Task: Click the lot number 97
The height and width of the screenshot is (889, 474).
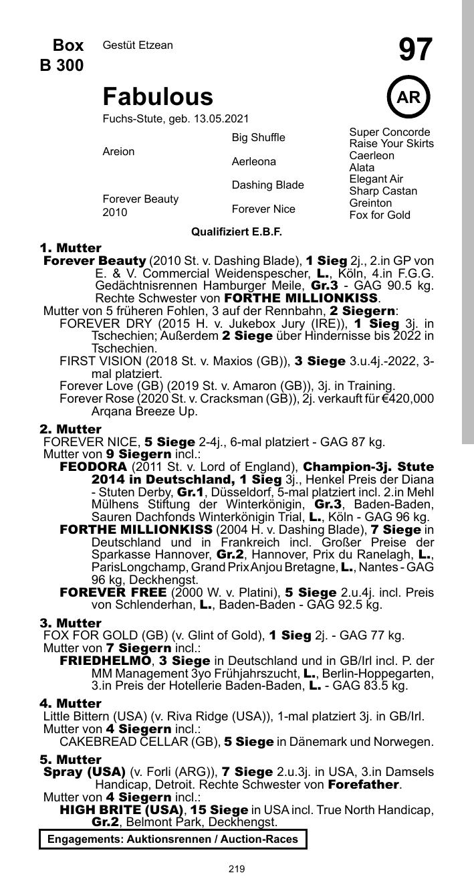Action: [415, 50]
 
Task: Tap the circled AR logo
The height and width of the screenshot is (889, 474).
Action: [408, 98]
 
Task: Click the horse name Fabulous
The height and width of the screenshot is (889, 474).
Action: [158, 97]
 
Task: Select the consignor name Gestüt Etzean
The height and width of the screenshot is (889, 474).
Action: [138, 45]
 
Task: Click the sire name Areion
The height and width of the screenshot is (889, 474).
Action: [118, 152]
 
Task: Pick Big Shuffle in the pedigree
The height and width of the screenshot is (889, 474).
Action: [258, 138]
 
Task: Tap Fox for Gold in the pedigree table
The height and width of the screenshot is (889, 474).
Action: [379, 215]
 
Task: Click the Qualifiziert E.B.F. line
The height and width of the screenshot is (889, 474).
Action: [237, 232]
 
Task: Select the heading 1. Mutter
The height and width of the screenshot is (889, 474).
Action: [71, 248]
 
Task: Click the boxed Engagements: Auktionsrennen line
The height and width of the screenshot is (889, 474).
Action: [172, 839]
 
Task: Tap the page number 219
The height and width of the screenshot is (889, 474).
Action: [237, 869]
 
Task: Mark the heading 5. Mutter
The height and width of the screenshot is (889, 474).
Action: [71, 760]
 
